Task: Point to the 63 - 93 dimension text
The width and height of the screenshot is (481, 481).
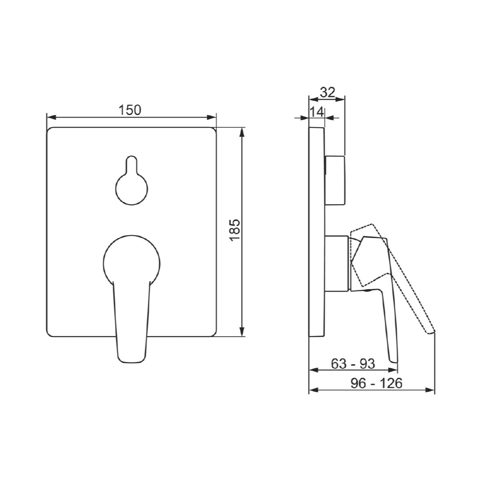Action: (353, 363)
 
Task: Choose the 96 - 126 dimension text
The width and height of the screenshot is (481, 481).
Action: (376, 383)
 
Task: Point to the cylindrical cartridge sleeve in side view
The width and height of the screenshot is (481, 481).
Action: (337, 263)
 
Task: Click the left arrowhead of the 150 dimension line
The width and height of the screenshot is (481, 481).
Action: (49, 117)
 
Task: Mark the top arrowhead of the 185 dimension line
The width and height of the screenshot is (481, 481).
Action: (242, 131)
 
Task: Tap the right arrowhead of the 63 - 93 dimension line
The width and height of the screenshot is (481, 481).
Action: (396, 370)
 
